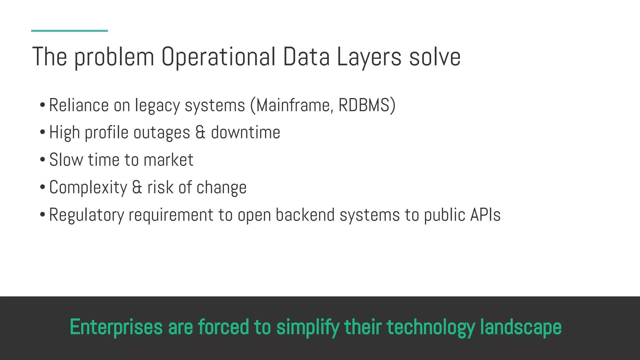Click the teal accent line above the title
69,31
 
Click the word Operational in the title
218,57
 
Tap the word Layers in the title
369,57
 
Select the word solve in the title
435,57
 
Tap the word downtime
245,132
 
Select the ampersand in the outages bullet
200,132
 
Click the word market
168,160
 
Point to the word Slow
66,160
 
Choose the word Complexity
88,187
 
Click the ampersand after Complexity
137,187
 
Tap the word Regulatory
87,215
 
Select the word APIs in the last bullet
485,215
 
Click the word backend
305,215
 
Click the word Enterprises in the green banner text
116,327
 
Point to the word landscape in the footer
521,327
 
